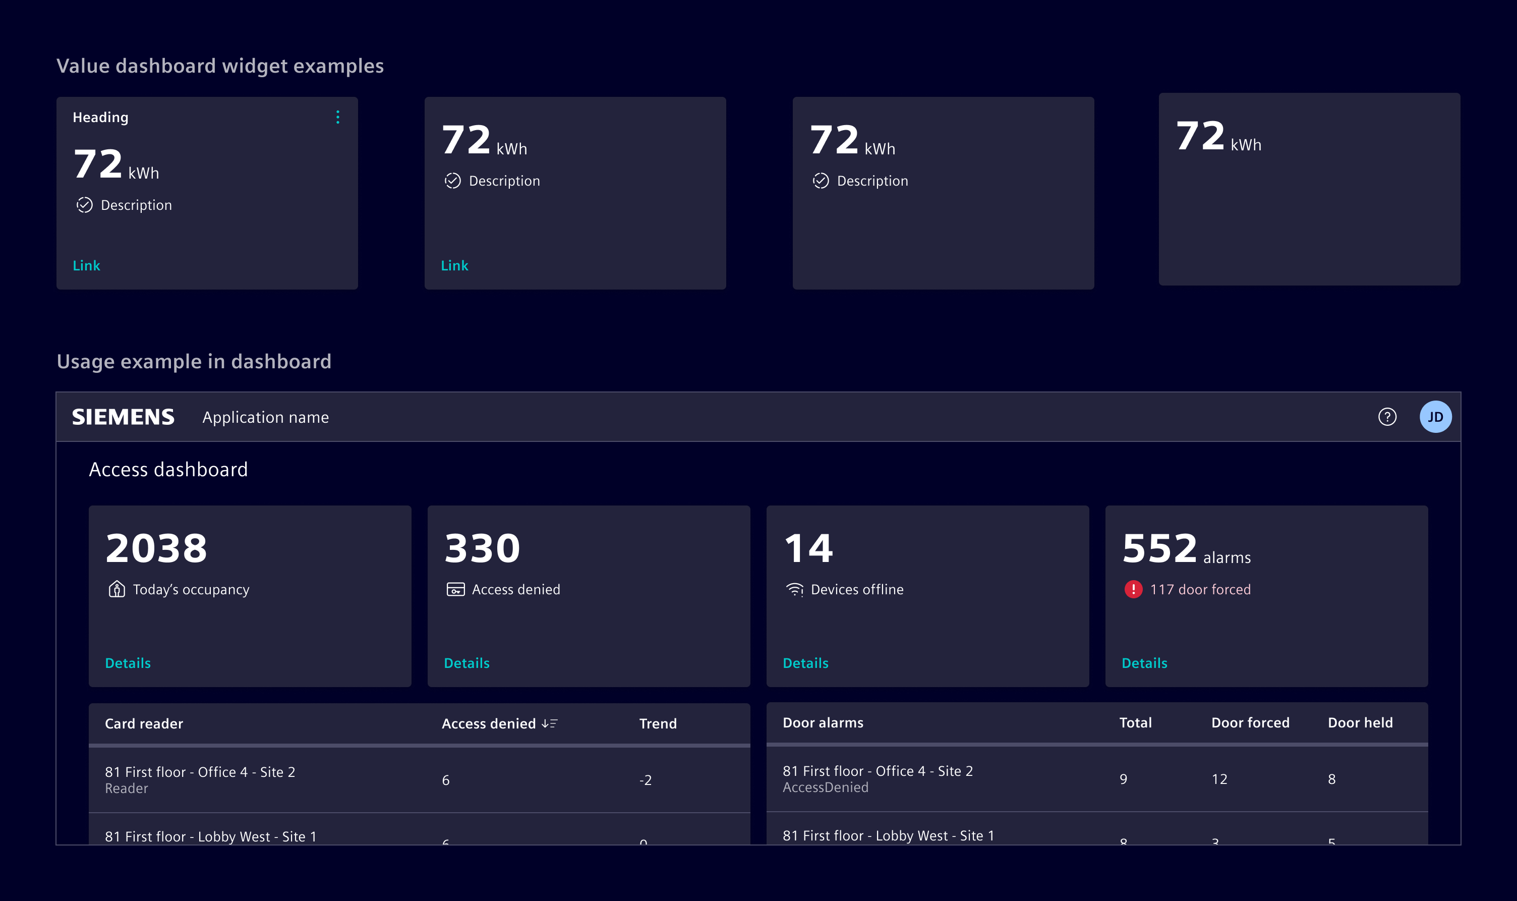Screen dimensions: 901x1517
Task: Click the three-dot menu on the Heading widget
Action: tap(337, 117)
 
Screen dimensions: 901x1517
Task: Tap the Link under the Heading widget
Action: tap(86, 265)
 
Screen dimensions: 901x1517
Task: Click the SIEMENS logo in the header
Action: tap(123, 417)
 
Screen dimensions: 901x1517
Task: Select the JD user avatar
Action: tap(1435, 417)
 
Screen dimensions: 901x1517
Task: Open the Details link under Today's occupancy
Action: tap(128, 663)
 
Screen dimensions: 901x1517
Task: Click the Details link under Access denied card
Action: tap(466, 663)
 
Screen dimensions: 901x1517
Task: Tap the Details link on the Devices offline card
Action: tap(805, 663)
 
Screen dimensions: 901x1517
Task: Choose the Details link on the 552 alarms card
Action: tap(1144, 663)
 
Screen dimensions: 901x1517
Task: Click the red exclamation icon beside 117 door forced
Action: tap(1133, 589)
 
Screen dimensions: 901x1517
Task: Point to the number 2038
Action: tap(156, 548)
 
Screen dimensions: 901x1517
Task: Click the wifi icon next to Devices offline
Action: tap(794, 590)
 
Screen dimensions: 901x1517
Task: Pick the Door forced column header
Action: tap(1250, 722)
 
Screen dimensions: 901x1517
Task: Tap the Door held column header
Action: tap(1360, 722)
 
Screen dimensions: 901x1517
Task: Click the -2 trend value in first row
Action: tap(645, 780)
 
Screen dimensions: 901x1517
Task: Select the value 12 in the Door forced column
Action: tap(1219, 779)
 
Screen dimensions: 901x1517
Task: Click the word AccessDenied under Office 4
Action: tap(825, 787)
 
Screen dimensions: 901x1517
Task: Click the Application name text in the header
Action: tap(265, 417)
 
